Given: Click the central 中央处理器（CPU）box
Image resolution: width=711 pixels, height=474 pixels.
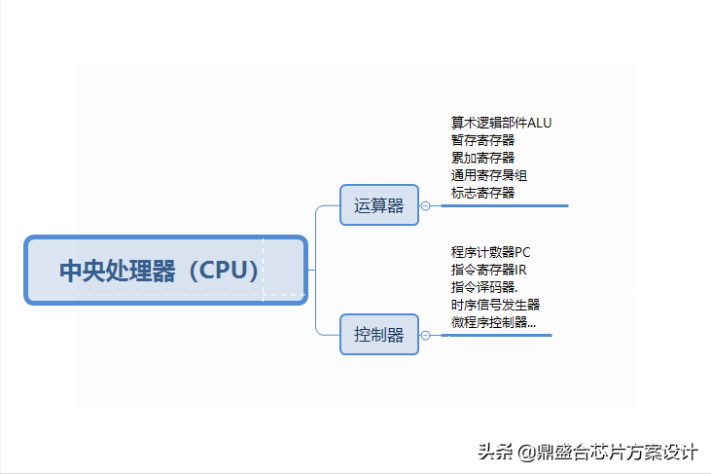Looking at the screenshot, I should point(165,270).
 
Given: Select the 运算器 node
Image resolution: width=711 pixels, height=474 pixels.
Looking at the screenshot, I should point(379,205).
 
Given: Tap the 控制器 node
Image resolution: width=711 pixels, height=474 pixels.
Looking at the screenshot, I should point(379,335).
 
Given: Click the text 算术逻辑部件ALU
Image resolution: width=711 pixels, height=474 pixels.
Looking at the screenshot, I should point(501,123).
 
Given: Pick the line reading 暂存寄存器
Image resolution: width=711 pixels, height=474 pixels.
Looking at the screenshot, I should point(482,140).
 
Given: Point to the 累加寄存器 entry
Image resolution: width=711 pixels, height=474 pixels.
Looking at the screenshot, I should point(482,158).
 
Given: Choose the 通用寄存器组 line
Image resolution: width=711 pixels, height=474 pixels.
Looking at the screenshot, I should point(489,175).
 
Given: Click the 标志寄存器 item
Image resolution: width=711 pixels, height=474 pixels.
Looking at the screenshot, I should point(482,193).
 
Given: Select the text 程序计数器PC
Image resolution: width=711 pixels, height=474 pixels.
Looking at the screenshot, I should point(491,252).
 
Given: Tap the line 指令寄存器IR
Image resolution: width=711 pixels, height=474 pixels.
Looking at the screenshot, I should point(488,270).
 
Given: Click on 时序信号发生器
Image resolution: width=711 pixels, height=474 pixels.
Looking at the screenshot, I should point(495,305).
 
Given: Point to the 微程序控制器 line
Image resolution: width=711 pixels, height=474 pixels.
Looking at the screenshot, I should point(493,322).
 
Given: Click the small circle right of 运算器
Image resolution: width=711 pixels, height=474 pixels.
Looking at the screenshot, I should point(426,205).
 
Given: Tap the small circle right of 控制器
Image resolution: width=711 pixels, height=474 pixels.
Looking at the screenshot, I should point(426,335).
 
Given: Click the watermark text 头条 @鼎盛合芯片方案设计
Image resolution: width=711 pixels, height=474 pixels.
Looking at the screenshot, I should point(587,453).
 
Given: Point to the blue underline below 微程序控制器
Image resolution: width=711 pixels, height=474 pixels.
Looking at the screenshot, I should point(496,336).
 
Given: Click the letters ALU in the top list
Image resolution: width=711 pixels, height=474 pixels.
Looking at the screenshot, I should point(540,123).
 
